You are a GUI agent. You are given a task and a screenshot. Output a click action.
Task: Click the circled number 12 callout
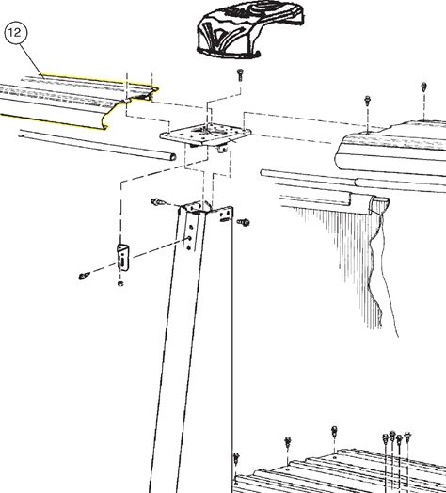[x=16, y=33]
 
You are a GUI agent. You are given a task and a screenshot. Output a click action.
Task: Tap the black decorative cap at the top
[x=250, y=30]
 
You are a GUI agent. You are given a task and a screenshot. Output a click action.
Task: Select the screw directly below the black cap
[x=241, y=74]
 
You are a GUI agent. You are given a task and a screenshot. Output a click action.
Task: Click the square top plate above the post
[x=205, y=135]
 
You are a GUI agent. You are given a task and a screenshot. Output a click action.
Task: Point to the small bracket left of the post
[x=123, y=257]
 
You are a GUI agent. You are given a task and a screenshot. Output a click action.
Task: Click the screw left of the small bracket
[x=83, y=276]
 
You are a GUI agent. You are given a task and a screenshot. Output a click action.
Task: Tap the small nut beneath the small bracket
[x=120, y=284]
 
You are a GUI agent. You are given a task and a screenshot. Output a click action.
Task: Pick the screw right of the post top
[x=244, y=223]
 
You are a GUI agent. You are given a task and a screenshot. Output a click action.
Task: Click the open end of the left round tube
[x=172, y=156]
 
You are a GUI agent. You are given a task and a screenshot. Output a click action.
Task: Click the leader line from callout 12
[x=32, y=59]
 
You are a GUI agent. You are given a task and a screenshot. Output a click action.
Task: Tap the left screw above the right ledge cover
[x=367, y=103]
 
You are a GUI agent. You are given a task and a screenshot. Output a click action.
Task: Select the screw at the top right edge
[x=423, y=87]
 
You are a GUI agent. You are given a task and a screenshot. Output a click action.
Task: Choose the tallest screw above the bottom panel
[x=334, y=433]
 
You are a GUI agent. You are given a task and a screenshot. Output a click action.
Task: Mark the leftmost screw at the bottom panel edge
[x=236, y=460]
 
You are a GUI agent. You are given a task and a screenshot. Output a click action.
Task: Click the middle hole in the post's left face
[x=190, y=238]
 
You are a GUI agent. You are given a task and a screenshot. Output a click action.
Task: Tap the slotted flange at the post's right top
[x=225, y=215]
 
